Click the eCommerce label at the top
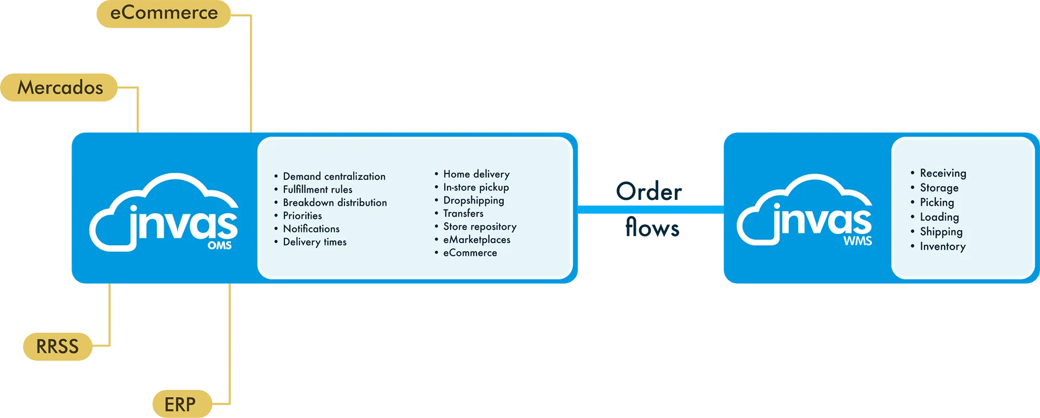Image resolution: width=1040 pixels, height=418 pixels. point(164,12)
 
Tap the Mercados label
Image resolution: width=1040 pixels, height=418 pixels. point(60,88)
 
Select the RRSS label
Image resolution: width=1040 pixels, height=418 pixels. point(57,347)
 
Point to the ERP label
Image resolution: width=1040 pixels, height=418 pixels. point(180,404)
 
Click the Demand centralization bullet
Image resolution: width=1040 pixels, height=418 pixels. point(334,177)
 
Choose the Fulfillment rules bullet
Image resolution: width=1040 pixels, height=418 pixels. point(317,190)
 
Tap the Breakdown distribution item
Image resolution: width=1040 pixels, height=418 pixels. point(335,203)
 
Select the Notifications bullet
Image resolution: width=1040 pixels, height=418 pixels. point(311,229)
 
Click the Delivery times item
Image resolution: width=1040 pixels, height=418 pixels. point(314,242)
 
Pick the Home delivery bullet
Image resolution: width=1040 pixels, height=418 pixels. point(476,174)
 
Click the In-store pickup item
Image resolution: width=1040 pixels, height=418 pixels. point(476,187)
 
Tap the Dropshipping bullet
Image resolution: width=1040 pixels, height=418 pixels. point(473,200)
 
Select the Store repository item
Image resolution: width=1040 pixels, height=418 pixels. point(479,227)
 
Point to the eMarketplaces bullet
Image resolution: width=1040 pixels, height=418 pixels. point(477,240)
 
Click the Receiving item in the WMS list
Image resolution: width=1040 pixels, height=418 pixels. point(942,173)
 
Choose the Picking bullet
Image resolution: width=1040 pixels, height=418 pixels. point(937,203)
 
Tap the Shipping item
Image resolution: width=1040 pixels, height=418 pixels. point(941,232)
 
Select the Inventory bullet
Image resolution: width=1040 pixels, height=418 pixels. point(942,246)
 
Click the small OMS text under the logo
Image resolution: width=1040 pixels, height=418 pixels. point(219,245)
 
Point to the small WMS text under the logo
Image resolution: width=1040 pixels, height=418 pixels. point(857,241)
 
